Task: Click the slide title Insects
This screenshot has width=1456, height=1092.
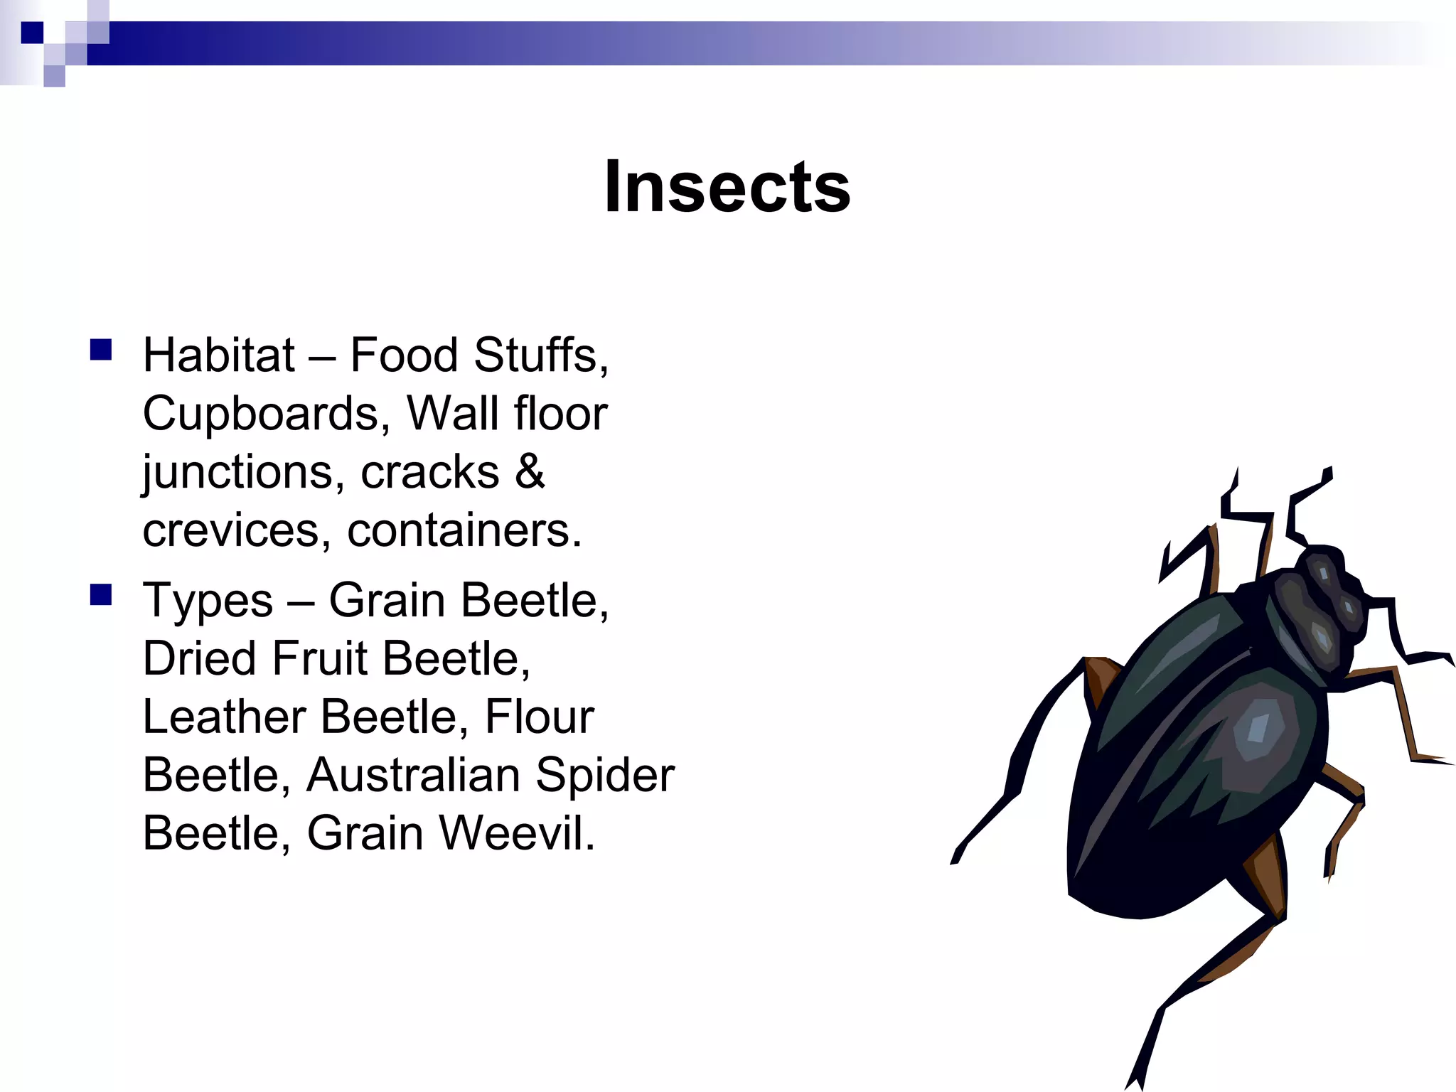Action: pyautogui.click(x=727, y=187)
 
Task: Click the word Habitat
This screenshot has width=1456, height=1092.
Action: pyautogui.click(x=218, y=355)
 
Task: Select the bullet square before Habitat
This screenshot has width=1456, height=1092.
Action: pyautogui.click(x=101, y=350)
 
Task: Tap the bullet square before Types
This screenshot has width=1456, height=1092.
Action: pyautogui.click(x=101, y=594)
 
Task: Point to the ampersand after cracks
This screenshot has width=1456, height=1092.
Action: pyautogui.click(x=530, y=471)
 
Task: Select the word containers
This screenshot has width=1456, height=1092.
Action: pyautogui.click(x=464, y=530)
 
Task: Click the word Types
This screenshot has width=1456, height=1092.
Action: pyautogui.click(x=208, y=601)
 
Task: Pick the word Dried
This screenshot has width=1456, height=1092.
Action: pyautogui.click(x=199, y=658)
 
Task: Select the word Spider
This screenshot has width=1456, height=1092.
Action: pyautogui.click(x=604, y=775)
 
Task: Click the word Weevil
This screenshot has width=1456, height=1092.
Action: pyautogui.click(x=516, y=833)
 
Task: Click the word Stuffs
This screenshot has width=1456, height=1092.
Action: pyautogui.click(x=540, y=355)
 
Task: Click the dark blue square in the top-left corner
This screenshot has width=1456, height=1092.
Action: pyautogui.click(x=32, y=33)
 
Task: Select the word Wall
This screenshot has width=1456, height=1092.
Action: pyautogui.click(x=452, y=414)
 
